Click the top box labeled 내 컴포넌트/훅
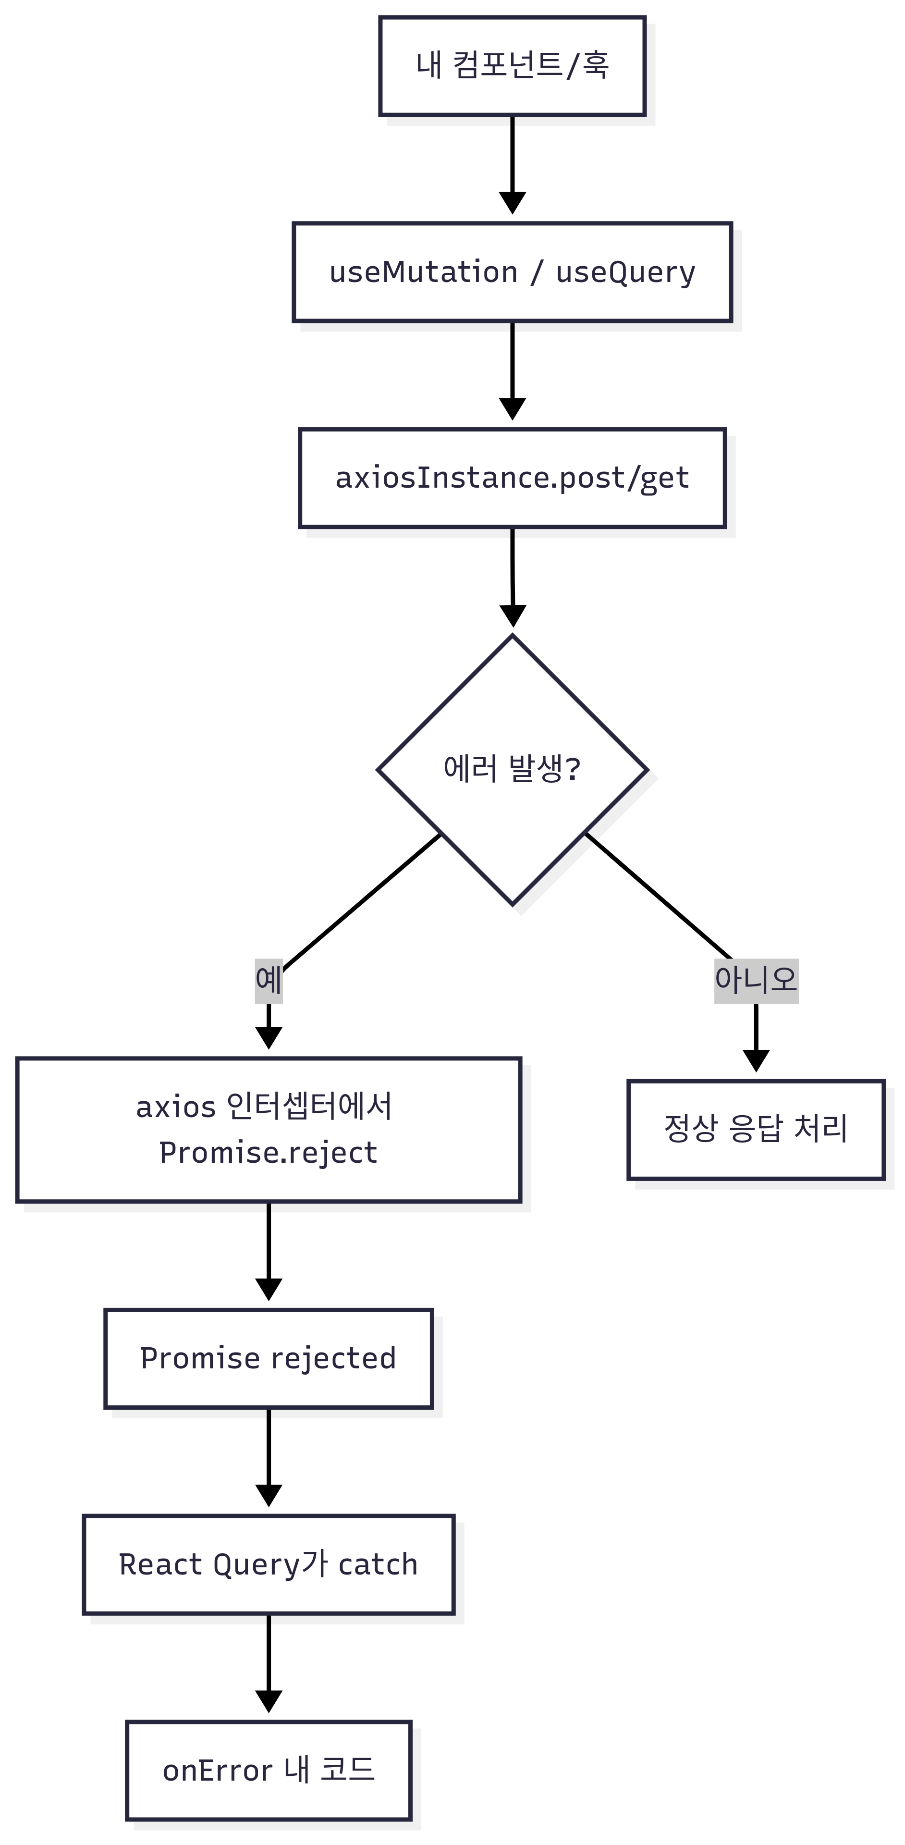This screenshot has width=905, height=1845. coord(512,66)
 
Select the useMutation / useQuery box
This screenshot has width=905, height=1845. coord(512,272)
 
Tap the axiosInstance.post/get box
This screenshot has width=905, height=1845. coord(512,478)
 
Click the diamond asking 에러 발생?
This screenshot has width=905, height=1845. coord(512,770)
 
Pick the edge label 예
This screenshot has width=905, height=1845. coord(269,980)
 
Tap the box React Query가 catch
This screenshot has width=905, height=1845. coord(269,1565)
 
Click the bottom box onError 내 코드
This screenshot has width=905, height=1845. coord(269,1771)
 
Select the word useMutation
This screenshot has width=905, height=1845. coord(423,272)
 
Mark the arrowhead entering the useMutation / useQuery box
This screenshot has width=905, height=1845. coord(512,203)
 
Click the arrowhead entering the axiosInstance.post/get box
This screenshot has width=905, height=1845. coord(512,409)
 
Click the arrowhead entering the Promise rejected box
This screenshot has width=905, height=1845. coord(269,1289)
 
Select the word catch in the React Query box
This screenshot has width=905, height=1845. coord(378,1565)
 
